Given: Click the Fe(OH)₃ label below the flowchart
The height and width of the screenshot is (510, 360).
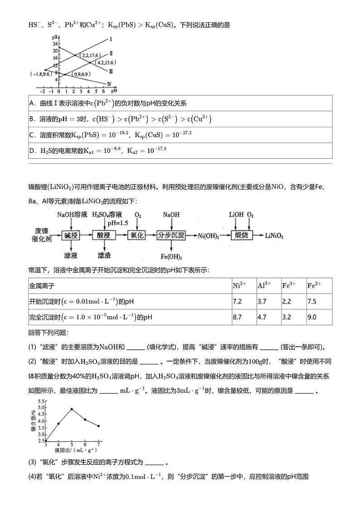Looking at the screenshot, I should [x=171, y=257].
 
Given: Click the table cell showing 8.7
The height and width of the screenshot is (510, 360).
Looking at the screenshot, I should [x=237, y=317].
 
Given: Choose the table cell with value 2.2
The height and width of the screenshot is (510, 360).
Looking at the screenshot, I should [x=287, y=301].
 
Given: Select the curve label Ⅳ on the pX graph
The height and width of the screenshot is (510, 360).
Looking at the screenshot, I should [x=109, y=83].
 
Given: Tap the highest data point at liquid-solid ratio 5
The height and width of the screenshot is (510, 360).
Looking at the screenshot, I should [x=72, y=409].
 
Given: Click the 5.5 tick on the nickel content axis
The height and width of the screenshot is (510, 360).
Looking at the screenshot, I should [x=41, y=402].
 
